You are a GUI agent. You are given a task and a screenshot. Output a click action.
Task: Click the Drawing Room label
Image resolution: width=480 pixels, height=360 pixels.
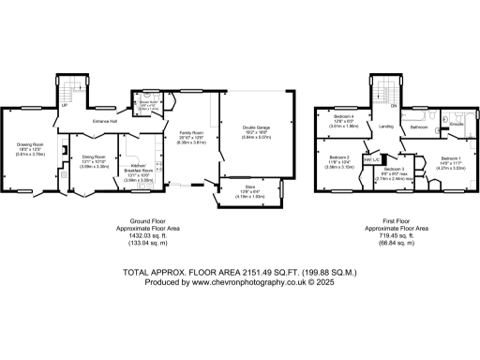click(33, 144)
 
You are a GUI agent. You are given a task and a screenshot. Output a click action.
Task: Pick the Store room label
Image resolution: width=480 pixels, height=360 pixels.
click(239, 191)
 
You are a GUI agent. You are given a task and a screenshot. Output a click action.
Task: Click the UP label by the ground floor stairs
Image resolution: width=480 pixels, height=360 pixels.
click(64, 106)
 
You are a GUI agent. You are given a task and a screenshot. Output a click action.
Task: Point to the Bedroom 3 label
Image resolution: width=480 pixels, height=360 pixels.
click(395, 169)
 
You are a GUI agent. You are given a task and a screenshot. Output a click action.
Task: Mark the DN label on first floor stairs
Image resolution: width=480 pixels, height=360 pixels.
click(394, 106)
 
